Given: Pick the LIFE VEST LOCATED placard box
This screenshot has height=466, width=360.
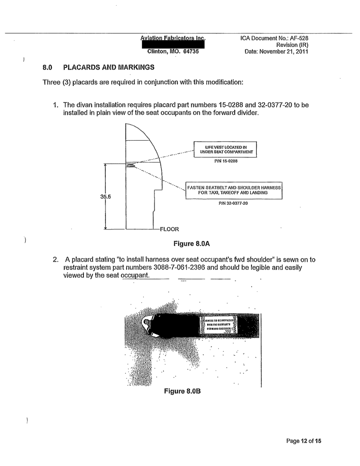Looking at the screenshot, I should (x=224, y=149).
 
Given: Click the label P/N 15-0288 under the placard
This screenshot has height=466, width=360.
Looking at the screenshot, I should (x=224, y=162).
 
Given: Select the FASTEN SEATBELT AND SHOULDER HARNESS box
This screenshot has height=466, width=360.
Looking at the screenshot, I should (x=234, y=190).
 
